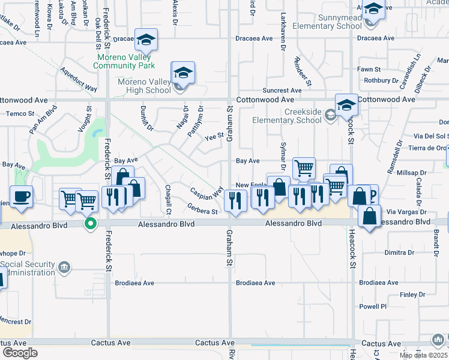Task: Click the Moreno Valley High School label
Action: (x=144, y=86)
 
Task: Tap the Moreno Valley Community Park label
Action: (x=126, y=62)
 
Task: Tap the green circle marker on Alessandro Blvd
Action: (x=91, y=224)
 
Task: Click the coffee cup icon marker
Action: (x=22, y=196)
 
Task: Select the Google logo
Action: (x=19, y=353)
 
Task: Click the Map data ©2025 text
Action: (x=424, y=355)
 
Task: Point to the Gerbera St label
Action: (x=202, y=211)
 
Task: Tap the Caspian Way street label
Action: (x=206, y=193)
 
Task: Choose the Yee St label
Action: (x=214, y=137)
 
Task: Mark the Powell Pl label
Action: (x=373, y=307)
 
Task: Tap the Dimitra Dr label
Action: (x=396, y=253)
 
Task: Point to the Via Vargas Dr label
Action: (x=406, y=212)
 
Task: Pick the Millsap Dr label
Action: (x=412, y=173)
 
